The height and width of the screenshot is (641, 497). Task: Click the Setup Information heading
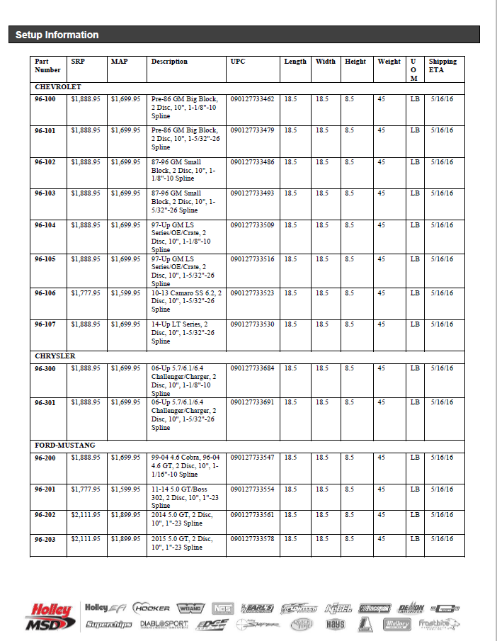tap(57, 35)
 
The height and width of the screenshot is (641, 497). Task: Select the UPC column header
tap(238, 62)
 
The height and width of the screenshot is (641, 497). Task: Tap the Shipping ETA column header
tap(442, 65)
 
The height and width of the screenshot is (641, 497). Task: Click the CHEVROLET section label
tap(58, 86)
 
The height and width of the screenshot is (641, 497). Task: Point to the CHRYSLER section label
tap(55, 356)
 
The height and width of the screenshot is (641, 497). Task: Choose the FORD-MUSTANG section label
tap(65, 445)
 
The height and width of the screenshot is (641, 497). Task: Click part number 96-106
tap(45, 293)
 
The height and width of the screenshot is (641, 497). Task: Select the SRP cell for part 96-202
tap(86, 515)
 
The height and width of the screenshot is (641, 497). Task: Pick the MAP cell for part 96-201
tap(125, 489)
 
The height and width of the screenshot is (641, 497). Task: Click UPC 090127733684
tap(252, 368)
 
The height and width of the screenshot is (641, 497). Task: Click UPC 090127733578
tap(252, 540)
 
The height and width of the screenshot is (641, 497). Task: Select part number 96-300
tap(45, 368)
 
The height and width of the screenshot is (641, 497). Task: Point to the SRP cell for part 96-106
tap(86, 293)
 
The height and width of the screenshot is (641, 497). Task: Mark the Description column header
tap(169, 62)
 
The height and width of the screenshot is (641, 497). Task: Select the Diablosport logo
tap(164, 624)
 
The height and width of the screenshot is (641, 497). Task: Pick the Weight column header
tap(389, 62)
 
